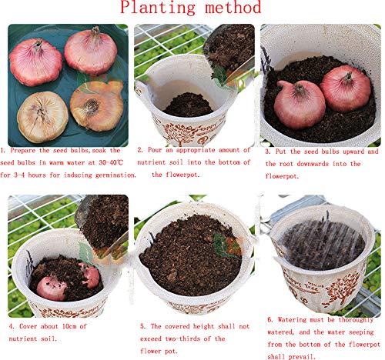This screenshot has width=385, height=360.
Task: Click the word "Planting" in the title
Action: (x=158, y=8)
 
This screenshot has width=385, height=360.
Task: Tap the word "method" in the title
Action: (x=233, y=8)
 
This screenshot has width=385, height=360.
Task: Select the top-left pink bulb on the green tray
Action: (x=35, y=62)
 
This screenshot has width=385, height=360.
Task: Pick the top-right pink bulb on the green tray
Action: (x=91, y=51)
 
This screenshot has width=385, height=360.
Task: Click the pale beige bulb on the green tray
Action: (x=42, y=117)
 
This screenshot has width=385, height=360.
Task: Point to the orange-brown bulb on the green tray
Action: (x=97, y=106)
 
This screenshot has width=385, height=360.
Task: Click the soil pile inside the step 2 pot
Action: (x=188, y=105)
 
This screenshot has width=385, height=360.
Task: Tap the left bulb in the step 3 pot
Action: (x=300, y=104)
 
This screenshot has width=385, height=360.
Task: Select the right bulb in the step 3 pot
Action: (x=346, y=88)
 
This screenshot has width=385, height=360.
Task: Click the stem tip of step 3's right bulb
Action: (x=349, y=75)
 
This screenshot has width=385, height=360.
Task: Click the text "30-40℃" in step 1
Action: (x=111, y=162)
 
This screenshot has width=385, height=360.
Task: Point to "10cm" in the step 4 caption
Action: (x=69, y=326)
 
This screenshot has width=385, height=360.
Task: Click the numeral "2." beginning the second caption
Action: (x=140, y=150)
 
